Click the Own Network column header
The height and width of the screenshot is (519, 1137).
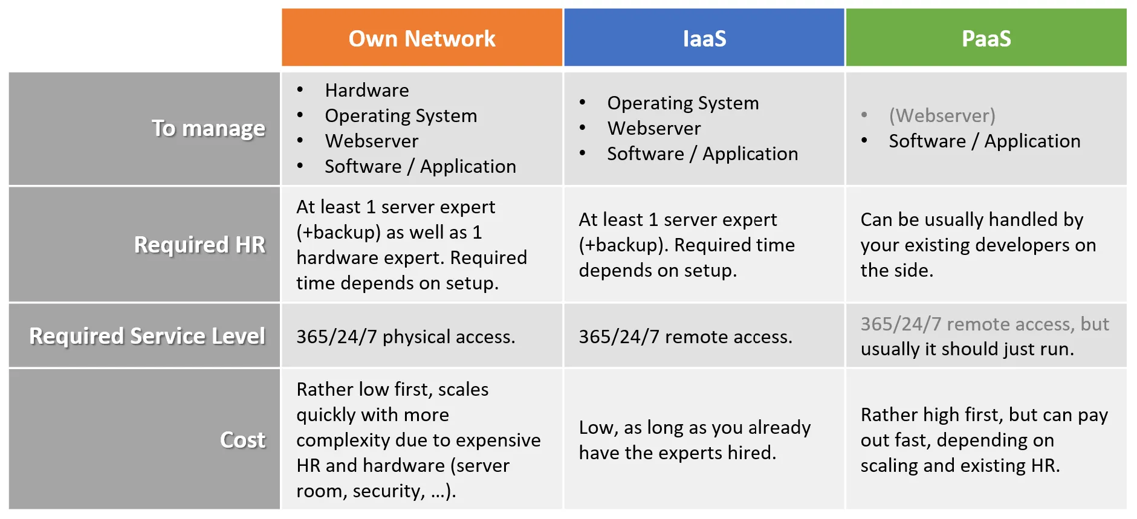[421, 39]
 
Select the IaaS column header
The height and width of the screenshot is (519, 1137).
[704, 39]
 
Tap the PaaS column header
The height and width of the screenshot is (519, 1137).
[986, 39]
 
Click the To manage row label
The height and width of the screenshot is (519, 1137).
[208, 129]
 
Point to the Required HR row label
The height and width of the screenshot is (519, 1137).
[199, 245]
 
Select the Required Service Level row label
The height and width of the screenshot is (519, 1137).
[147, 336]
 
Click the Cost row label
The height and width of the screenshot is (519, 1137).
[242, 440]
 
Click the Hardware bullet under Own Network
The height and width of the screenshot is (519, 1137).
[367, 91]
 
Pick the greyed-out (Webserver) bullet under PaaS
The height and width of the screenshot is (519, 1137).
[942, 115]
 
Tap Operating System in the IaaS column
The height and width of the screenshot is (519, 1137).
[682, 103]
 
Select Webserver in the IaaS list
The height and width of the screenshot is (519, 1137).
[654, 129]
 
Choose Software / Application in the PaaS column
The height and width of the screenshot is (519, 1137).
[984, 141]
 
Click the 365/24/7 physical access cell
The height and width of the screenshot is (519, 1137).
[406, 337]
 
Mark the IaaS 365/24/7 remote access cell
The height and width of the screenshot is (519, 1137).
[685, 337]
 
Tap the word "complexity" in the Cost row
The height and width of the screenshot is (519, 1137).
[343, 440]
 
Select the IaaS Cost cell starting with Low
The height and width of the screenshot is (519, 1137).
[695, 440]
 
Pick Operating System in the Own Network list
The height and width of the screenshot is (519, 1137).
[401, 116]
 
